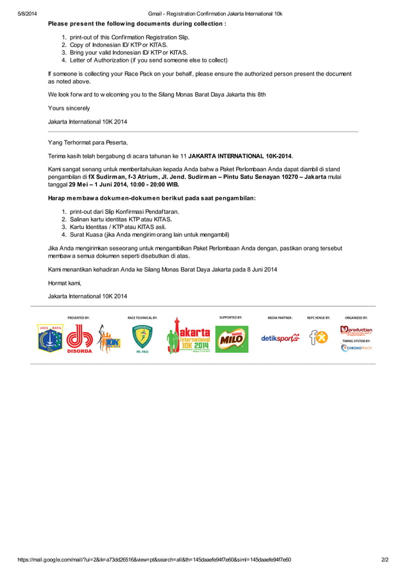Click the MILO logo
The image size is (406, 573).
tap(232, 338)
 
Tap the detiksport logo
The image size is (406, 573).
tap(280, 338)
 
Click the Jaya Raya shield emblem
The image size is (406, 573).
tap(50, 338)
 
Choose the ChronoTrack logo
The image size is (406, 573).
tap(356, 348)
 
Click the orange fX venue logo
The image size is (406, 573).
tap(318, 338)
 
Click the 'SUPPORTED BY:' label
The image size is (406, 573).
tap(230, 317)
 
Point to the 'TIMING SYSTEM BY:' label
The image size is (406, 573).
tap(356, 341)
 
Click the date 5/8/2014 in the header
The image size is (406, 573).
tap(27, 13)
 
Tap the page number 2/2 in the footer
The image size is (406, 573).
tap(384, 560)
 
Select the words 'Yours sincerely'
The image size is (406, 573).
tap(69, 108)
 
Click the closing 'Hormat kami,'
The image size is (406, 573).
tap(65, 283)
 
